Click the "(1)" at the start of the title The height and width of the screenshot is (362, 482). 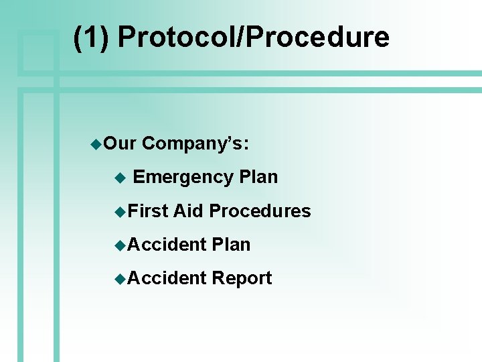click(91, 38)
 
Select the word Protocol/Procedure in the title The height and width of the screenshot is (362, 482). click(253, 38)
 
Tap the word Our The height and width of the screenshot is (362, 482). click(120, 143)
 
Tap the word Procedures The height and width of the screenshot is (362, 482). click(260, 210)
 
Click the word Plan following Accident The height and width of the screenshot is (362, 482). click(231, 245)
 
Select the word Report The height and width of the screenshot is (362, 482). click(242, 278)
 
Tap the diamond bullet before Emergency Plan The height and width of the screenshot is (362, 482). click(120, 178)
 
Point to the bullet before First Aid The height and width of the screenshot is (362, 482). click(120, 212)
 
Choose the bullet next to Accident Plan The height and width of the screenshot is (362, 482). click(120, 246)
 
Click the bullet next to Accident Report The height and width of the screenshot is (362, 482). click(120, 280)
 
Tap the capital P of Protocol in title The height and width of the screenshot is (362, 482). click(127, 38)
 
